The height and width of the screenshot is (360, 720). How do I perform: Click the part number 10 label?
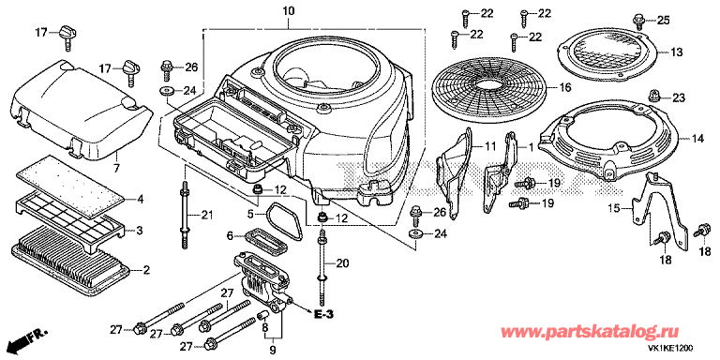coord(289,10)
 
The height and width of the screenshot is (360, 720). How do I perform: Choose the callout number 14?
coord(697,139)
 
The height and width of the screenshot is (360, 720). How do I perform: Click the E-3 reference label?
coord(323,315)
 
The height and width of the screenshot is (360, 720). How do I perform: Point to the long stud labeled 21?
coord(185,216)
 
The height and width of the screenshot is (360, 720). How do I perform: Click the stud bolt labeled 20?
coord(322,261)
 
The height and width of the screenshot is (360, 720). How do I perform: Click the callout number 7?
coord(116,169)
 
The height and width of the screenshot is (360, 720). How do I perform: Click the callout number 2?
coord(146,270)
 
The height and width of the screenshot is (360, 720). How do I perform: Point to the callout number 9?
coord(273,352)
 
